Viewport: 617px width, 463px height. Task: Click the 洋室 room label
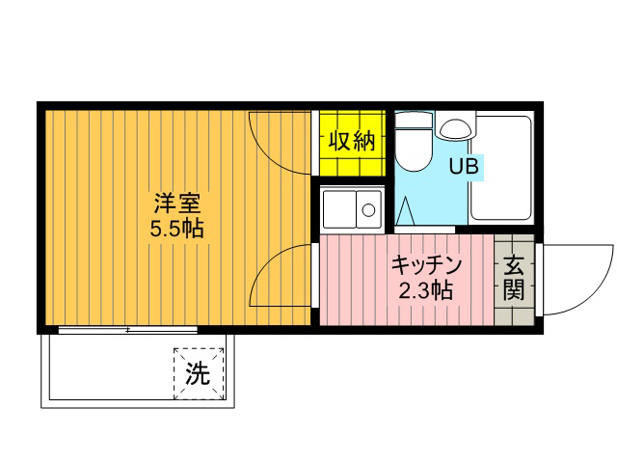tap(177, 204)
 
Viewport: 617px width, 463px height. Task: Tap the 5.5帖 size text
tap(176, 228)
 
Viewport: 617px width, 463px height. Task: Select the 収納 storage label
tap(352, 141)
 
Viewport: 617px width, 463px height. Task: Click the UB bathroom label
tap(464, 166)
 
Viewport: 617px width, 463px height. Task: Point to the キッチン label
tap(426, 264)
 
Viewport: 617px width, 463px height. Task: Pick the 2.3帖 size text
tap(425, 290)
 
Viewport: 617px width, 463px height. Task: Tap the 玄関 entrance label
tap(514, 278)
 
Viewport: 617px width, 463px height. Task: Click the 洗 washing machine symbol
tap(199, 373)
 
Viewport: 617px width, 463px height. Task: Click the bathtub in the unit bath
tap(501, 168)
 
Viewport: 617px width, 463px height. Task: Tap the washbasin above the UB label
tap(455, 128)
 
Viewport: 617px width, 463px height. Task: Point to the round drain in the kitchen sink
tap(368, 210)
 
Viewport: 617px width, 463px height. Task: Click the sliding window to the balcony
tap(127, 330)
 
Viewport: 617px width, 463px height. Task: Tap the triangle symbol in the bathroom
tap(405, 211)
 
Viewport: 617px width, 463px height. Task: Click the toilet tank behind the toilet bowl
tap(414, 120)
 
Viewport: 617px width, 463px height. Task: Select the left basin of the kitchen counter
tap(339, 209)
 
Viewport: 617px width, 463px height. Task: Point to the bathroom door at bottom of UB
tap(424, 230)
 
